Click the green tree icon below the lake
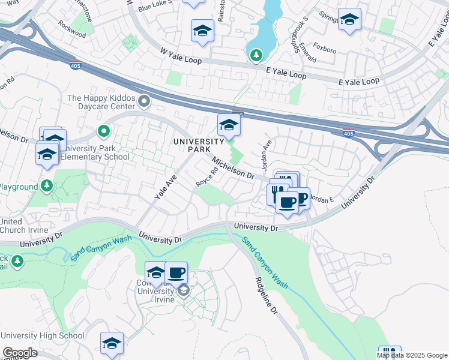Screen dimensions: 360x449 (x=256, y=55)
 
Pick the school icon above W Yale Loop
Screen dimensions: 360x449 (x=202, y=31)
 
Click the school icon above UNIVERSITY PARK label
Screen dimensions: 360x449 (x=229, y=125)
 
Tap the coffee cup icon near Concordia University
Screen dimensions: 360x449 (x=176, y=272)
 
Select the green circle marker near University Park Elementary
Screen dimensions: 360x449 (x=103, y=130)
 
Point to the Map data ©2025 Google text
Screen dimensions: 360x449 (x=412, y=355)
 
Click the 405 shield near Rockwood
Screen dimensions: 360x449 (x=76, y=65)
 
